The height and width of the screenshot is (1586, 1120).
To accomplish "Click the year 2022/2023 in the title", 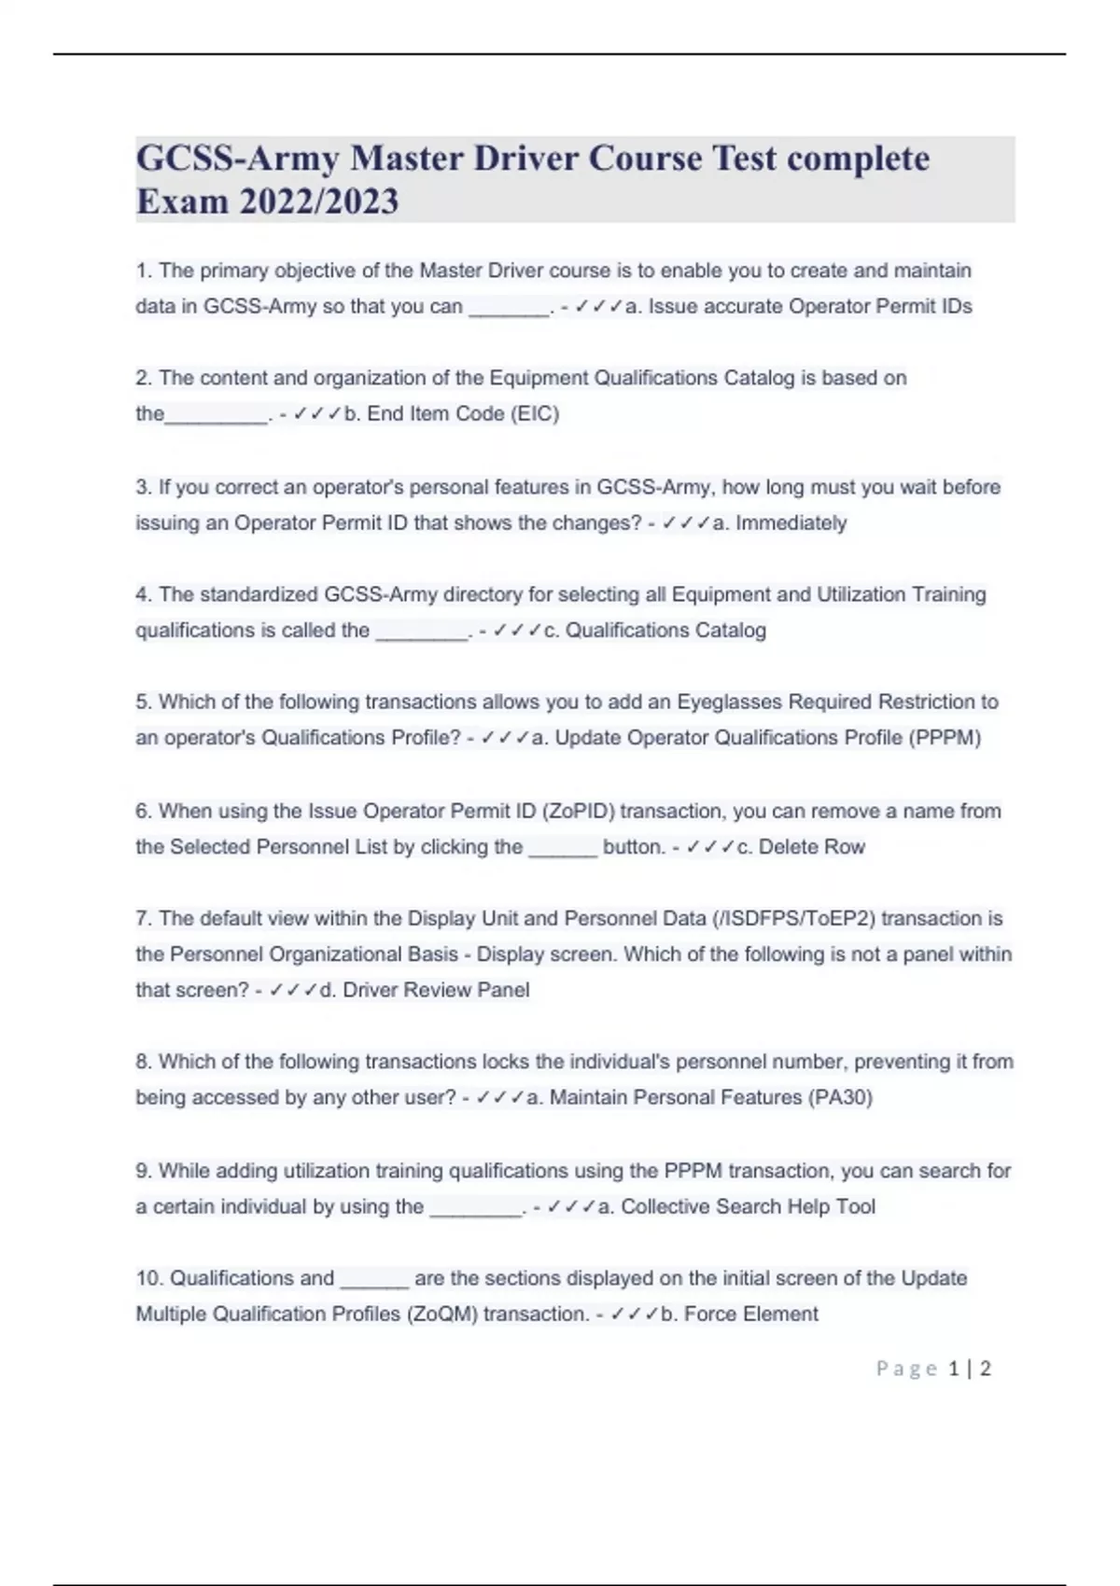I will (x=319, y=202).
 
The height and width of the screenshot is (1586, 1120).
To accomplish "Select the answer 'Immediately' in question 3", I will (x=791, y=523).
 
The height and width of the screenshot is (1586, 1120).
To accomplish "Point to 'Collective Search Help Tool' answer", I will (x=748, y=1207).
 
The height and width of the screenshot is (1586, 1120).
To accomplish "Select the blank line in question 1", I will (x=509, y=308).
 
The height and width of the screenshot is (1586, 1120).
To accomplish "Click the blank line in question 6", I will (x=562, y=848).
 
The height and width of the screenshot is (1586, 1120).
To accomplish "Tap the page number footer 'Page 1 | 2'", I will (x=932, y=1369).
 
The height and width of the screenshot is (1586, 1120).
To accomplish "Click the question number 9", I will (x=144, y=1171).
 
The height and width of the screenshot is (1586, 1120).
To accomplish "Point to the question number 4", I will (x=144, y=595).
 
